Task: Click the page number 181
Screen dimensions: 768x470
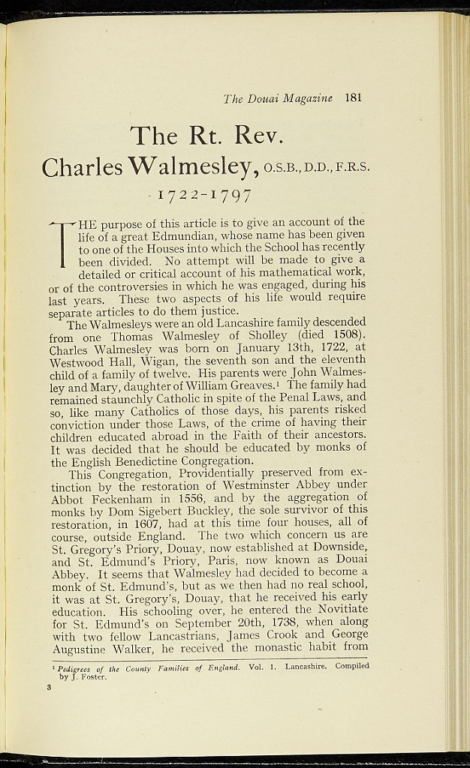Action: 354,97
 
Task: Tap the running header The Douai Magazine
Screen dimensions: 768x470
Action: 278,98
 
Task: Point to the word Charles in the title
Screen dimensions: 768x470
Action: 83,166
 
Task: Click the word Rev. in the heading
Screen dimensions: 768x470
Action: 258,136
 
